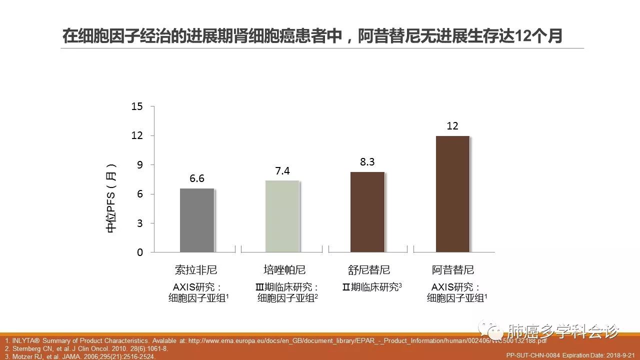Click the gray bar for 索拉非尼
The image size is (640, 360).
coord(197,220)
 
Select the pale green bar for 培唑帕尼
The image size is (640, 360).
coord(282,216)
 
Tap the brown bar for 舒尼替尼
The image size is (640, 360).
coord(367,212)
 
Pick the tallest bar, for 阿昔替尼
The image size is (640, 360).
coord(452,194)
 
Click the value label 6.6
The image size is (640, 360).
coord(197,178)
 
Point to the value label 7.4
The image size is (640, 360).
coord(282,171)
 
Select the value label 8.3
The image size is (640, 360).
coord(367,162)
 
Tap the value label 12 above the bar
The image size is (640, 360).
coord(452,126)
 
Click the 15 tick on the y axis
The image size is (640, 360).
coord(137,106)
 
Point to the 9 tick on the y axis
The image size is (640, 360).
coord(139,165)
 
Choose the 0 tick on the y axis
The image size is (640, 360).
coord(140,252)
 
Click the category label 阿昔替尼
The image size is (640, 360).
coord(453,270)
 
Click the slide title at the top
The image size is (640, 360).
coord(312,36)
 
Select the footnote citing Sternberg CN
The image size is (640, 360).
coord(86,348)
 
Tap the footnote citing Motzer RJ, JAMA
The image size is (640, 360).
coord(80,356)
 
